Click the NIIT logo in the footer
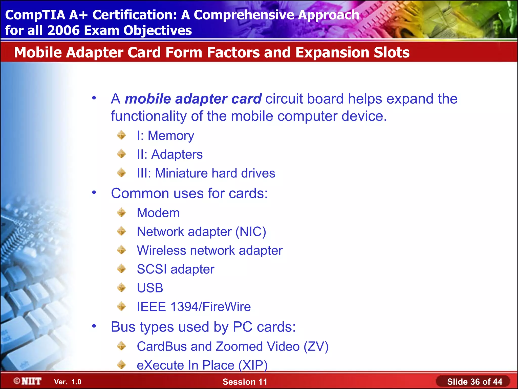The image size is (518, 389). pyautogui.click(x=28, y=381)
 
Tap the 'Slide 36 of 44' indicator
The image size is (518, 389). pyautogui.click(x=474, y=381)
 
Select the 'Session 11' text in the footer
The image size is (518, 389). pyautogui.click(x=245, y=382)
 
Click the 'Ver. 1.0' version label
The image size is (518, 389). pyautogui.click(x=68, y=382)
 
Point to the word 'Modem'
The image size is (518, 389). pyautogui.click(x=158, y=213)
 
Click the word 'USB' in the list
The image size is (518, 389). pyautogui.click(x=150, y=288)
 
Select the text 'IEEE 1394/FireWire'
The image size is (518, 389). pyautogui.click(x=194, y=307)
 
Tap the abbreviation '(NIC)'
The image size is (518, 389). pyautogui.click(x=251, y=232)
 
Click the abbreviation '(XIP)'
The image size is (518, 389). pyautogui.click(x=253, y=365)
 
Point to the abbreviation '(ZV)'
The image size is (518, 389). pyautogui.click(x=316, y=346)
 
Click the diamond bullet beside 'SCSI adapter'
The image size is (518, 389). pyautogui.click(x=122, y=269)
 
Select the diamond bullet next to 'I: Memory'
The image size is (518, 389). pyautogui.click(x=122, y=135)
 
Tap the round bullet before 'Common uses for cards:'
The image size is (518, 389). pyautogui.click(x=94, y=193)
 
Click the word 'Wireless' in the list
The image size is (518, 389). pyautogui.click(x=161, y=250)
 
